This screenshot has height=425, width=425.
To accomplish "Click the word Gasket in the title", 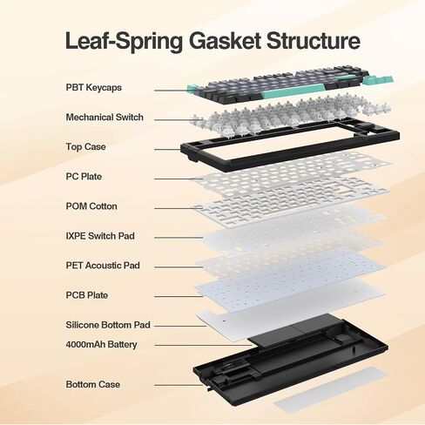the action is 225,40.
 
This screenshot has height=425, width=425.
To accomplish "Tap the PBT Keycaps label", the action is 93,88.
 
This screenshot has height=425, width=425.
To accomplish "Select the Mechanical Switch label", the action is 105,118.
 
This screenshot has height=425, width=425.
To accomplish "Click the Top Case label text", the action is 85,147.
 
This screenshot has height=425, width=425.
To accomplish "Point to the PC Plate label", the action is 84,177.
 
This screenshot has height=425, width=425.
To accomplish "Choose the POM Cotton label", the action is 91,206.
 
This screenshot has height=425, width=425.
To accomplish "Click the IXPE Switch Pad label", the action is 100,236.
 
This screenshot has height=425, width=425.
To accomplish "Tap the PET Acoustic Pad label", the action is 103,266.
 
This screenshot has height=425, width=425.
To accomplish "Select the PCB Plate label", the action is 87,295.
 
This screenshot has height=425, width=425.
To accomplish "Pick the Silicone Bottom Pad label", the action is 108,325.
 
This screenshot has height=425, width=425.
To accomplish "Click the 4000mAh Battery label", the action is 101,345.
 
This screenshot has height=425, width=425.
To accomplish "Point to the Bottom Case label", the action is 93,384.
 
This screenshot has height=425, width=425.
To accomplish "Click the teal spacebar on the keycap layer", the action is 293,91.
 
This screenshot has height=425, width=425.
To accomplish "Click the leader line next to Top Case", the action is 168,150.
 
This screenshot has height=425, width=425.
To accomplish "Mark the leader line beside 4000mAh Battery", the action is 203,345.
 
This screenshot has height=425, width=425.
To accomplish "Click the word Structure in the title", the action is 314,40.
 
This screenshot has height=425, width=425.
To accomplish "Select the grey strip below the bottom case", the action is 330,389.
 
